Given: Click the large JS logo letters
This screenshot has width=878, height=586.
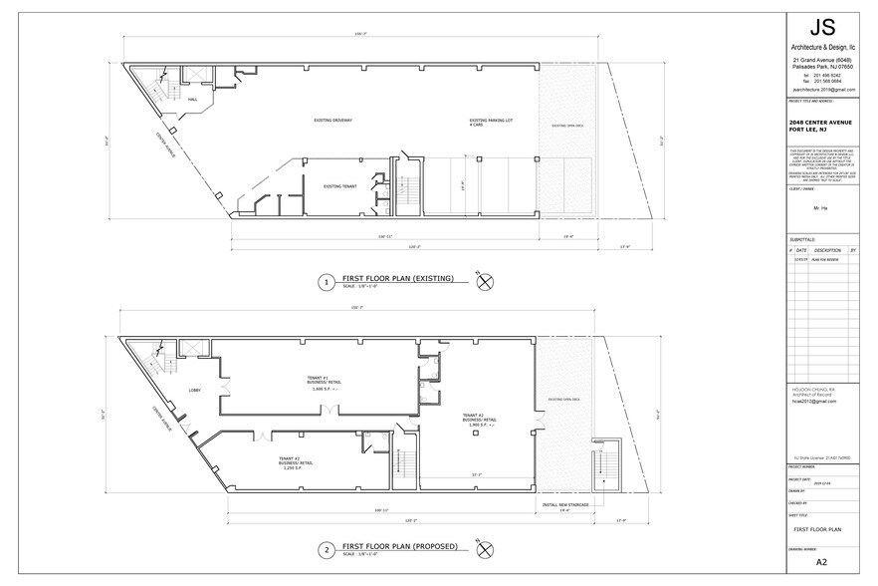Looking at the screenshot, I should point(821,27).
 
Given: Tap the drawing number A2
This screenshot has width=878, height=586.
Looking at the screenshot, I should point(821,562).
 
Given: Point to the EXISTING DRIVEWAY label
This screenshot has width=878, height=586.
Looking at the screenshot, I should point(333,121).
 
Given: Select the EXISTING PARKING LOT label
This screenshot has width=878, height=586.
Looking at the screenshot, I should point(492,122).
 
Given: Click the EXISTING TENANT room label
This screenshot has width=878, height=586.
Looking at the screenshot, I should point(339,186).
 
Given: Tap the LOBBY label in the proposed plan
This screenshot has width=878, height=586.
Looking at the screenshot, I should point(195,390).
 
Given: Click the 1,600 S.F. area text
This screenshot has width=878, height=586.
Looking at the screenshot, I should point(325,390).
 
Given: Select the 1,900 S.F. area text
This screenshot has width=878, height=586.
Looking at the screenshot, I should point(478,425).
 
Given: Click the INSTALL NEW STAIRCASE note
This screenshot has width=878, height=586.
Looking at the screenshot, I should point(563,505).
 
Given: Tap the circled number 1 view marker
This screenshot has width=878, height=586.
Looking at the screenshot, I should point(326,283).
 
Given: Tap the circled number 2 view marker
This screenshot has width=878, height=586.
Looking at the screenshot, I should point(326,549).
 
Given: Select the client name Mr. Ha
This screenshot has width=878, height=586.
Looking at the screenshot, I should point(821,208).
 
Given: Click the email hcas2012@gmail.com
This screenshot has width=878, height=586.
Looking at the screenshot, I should point(814,401).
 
